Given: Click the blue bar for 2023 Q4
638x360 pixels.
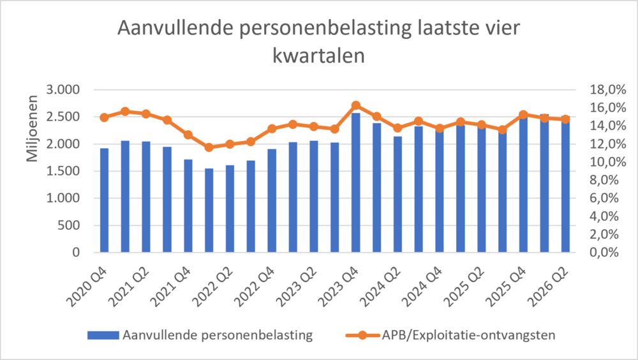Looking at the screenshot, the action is coord(355,183).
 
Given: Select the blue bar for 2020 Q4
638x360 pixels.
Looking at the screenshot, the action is coord(104,200).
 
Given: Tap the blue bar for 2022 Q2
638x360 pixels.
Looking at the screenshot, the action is coord(230,209).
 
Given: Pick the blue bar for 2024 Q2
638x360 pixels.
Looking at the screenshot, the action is coord(397,194).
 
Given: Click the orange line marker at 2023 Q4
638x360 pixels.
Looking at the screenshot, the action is coord(355,105).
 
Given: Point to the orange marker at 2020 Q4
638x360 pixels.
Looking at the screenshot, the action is coord(104,117).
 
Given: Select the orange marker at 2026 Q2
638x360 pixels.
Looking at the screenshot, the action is coord(565,119).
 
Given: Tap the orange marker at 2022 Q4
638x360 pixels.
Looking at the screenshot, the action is coord(272,129).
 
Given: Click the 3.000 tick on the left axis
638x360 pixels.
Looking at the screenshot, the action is coord(63,89).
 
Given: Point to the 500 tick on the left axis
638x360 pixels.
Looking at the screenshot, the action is coord(69,225).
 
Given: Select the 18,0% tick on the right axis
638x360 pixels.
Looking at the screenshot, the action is coord(608,89).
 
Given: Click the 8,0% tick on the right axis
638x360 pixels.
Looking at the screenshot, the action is coord(604,180).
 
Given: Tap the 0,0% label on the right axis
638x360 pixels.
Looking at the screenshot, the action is coord(604,253).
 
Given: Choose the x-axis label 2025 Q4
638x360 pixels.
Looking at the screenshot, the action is coord(507,287).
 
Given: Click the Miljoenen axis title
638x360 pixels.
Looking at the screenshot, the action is coord(32,128).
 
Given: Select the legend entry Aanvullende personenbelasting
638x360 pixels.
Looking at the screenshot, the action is coord(200,335).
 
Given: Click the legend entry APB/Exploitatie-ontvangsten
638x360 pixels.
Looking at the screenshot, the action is coord(450,335).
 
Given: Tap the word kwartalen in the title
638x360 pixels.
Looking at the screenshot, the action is coord(318,56).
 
